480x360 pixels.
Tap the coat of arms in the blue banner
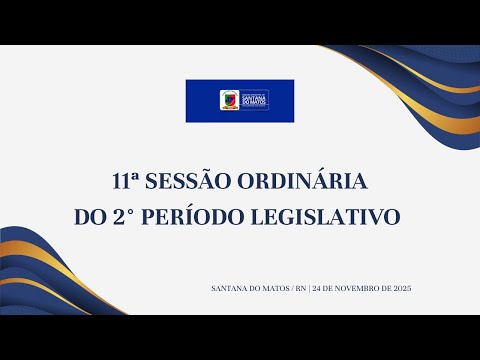coord(228,100)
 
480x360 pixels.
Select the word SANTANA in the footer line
coord(229,288)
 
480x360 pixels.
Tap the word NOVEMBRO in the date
coord(356,288)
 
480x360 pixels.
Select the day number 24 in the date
coord(317,288)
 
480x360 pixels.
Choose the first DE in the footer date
coord(329,288)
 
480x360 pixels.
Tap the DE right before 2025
coord(384,288)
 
